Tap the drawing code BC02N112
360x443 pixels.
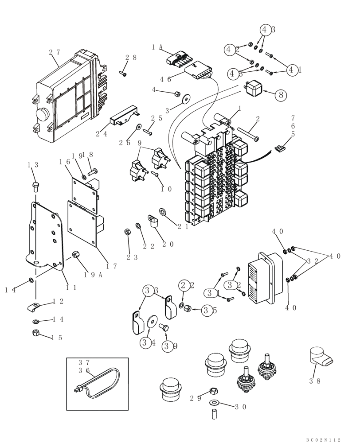[x=323, y=439]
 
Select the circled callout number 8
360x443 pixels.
[x=280, y=94]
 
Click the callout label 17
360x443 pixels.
[x=112, y=266]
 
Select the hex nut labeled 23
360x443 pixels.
[x=128, y=231]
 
